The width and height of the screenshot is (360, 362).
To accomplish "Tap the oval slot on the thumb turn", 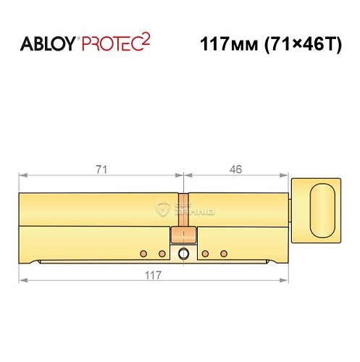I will (322, 207).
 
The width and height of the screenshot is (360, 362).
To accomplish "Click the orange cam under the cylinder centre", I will (183, 235).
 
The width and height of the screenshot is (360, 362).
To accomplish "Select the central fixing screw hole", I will (183, 253).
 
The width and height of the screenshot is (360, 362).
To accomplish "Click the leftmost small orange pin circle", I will (143, 253).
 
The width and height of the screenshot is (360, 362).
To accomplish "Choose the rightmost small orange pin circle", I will (224, 253).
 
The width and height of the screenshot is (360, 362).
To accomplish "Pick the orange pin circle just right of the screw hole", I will (206, 253).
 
